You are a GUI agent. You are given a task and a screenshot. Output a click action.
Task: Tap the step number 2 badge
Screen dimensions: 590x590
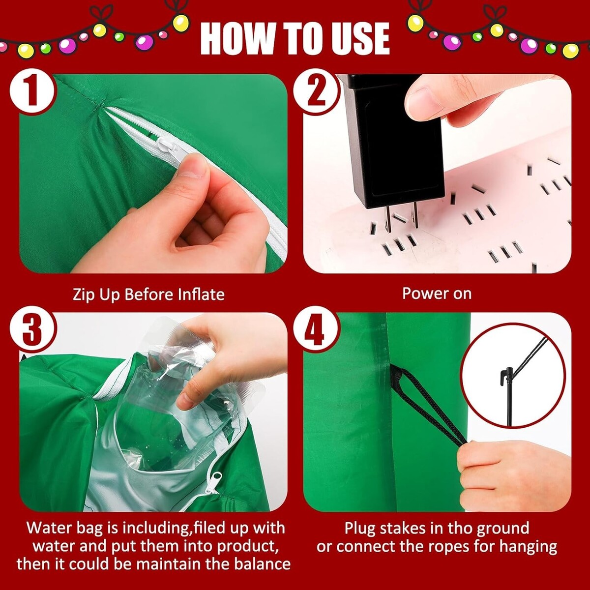[x=316, y=91]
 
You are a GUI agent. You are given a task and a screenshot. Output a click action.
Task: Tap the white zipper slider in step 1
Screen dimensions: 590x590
[x=168, y=145]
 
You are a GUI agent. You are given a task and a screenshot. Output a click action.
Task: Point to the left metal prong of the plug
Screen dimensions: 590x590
[x=388, y=218]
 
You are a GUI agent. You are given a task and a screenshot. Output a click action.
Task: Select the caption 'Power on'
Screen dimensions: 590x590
[x=437, y=294]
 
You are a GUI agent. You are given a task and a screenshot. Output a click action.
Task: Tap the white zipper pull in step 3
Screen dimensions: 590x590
[x=214, y=483]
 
